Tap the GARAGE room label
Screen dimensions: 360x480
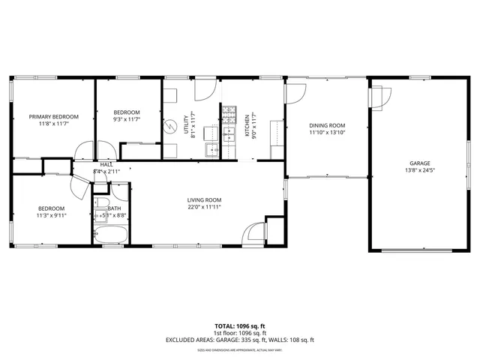[419, 163]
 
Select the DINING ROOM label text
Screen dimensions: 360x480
[327, 125]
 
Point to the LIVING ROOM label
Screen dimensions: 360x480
[204, 199]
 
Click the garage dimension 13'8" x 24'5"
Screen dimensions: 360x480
[419, 170]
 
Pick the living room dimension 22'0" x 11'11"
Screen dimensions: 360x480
[204, 207]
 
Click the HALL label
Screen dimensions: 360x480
[106, 164]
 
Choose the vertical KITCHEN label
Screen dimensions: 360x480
[247, 124]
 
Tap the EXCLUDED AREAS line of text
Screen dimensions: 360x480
[239, 340]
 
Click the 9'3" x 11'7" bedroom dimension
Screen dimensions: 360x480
[127, 119]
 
